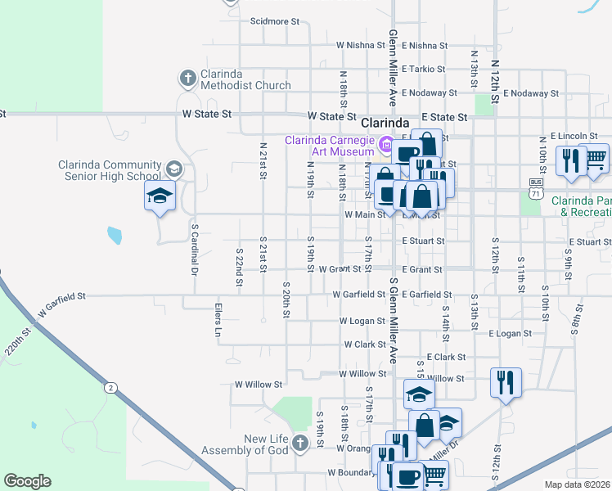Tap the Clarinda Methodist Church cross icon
coord(187,79)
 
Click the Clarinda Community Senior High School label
coord(109,169)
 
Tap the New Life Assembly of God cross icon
coord(300,444)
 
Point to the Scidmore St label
coord(272,21)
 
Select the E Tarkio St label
coord(423,70)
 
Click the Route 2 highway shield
coord(109,386)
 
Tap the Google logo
coord(27,480)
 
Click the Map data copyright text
coord(578,484)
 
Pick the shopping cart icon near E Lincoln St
coord(596,159)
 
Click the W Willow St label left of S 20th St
coord(259,384)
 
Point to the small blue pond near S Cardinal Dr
coord(114,236)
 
